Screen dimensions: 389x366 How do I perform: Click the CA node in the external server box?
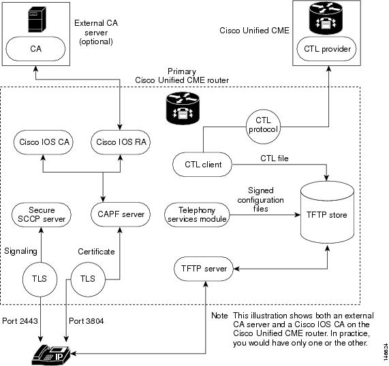pyautogui.click(x=35, y=49)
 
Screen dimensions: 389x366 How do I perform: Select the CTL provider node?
pyautogui.click(x=326, y=49)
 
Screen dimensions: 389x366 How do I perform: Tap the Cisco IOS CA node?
pyautogui.click(x=44, y=142)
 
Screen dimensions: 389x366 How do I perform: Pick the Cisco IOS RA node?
pyautogui.click(x=121, y=142)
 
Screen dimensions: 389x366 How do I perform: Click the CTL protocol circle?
pyautogui.click(x=263, y=127)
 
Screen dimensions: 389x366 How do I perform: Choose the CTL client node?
pyautogui.click(x=202, y=164)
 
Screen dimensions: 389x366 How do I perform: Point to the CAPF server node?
pyautogui.click(x=121, y=214)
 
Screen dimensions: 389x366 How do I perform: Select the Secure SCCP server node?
pyautogui.click(x=41, y=214)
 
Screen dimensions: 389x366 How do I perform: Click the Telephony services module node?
pyautogui.click(x=197, y=214)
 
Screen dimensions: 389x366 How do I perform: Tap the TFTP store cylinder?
pyautogui.click(x=327, y=212)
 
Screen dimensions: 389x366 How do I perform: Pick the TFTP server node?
pyautogui.click(x=204, y=269)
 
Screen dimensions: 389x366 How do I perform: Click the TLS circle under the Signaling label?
pyautogui.click(x=40, y=280)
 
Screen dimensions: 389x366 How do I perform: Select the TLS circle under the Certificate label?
pyautogui.click(x=88, y=280)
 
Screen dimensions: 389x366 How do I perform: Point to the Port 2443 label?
pyautogui.click(x=20, y=321)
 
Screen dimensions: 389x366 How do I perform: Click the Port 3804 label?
pyautogui.click(x=87, y=321)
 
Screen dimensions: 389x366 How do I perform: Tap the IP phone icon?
pyautogui.click(x=51, y=354)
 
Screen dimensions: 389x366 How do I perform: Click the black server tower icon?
pyautogui.click(x=37, y=19)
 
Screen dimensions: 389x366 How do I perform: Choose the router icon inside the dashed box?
pyautogui.click(x=183, y=108)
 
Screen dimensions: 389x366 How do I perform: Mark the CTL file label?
pyautogui.click(x=275, y=159)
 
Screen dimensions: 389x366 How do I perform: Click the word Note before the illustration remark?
pyautogui.click(x=219, y=316)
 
